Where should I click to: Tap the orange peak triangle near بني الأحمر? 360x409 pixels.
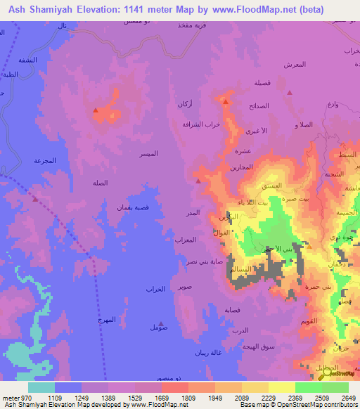[x=309, y=246]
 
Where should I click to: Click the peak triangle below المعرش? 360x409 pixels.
[x=289, y=92]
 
